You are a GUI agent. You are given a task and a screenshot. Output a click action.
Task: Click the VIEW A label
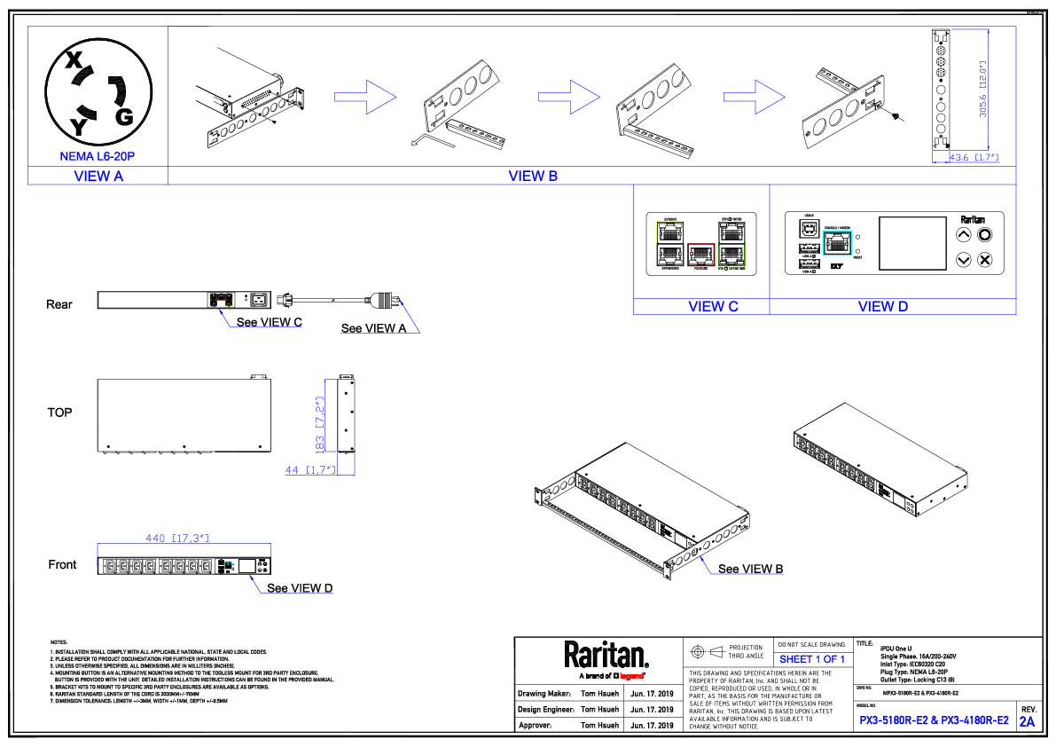point(98,176)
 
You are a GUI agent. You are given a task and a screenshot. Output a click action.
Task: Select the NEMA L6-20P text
point(98,156)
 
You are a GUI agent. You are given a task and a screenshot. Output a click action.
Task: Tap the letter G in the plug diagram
point(124,116)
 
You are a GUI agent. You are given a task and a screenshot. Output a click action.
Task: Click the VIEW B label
point(533,176)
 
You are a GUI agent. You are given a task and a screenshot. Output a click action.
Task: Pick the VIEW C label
point(713,306)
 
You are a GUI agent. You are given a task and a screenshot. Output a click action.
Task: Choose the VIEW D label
point(883,306)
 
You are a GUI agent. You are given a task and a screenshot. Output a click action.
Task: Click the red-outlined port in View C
point(700,254)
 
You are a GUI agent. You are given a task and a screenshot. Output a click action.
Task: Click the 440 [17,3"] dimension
point(176,538)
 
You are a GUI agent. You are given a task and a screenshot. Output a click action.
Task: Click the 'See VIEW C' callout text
point(269,322)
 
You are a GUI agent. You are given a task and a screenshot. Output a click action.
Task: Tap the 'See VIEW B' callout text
point(750,569)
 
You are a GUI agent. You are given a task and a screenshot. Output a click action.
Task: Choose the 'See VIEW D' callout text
point(300,588)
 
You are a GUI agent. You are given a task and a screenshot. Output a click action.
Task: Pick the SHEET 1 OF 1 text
point(811,659)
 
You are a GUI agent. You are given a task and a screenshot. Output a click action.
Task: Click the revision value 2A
point(1027,722)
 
